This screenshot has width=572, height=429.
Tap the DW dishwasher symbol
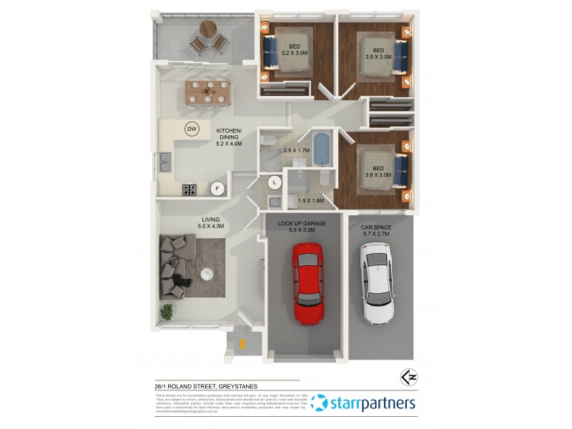tap(192, 129)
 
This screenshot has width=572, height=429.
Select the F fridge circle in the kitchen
tap(217, 188)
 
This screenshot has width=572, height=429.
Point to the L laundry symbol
tap(274, 182)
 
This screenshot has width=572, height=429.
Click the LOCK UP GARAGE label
tap(301, 227)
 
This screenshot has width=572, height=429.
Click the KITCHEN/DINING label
tap(230, 137)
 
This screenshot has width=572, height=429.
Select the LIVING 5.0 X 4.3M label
tap(210, 222)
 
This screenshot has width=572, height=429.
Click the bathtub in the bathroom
tap(322, 148)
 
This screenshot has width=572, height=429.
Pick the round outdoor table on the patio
tap(208, 29)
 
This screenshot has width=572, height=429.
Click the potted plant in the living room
tap(167, 310)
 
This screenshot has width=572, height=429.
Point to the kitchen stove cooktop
tap(190, 189)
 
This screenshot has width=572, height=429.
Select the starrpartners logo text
tap(373, 403)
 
